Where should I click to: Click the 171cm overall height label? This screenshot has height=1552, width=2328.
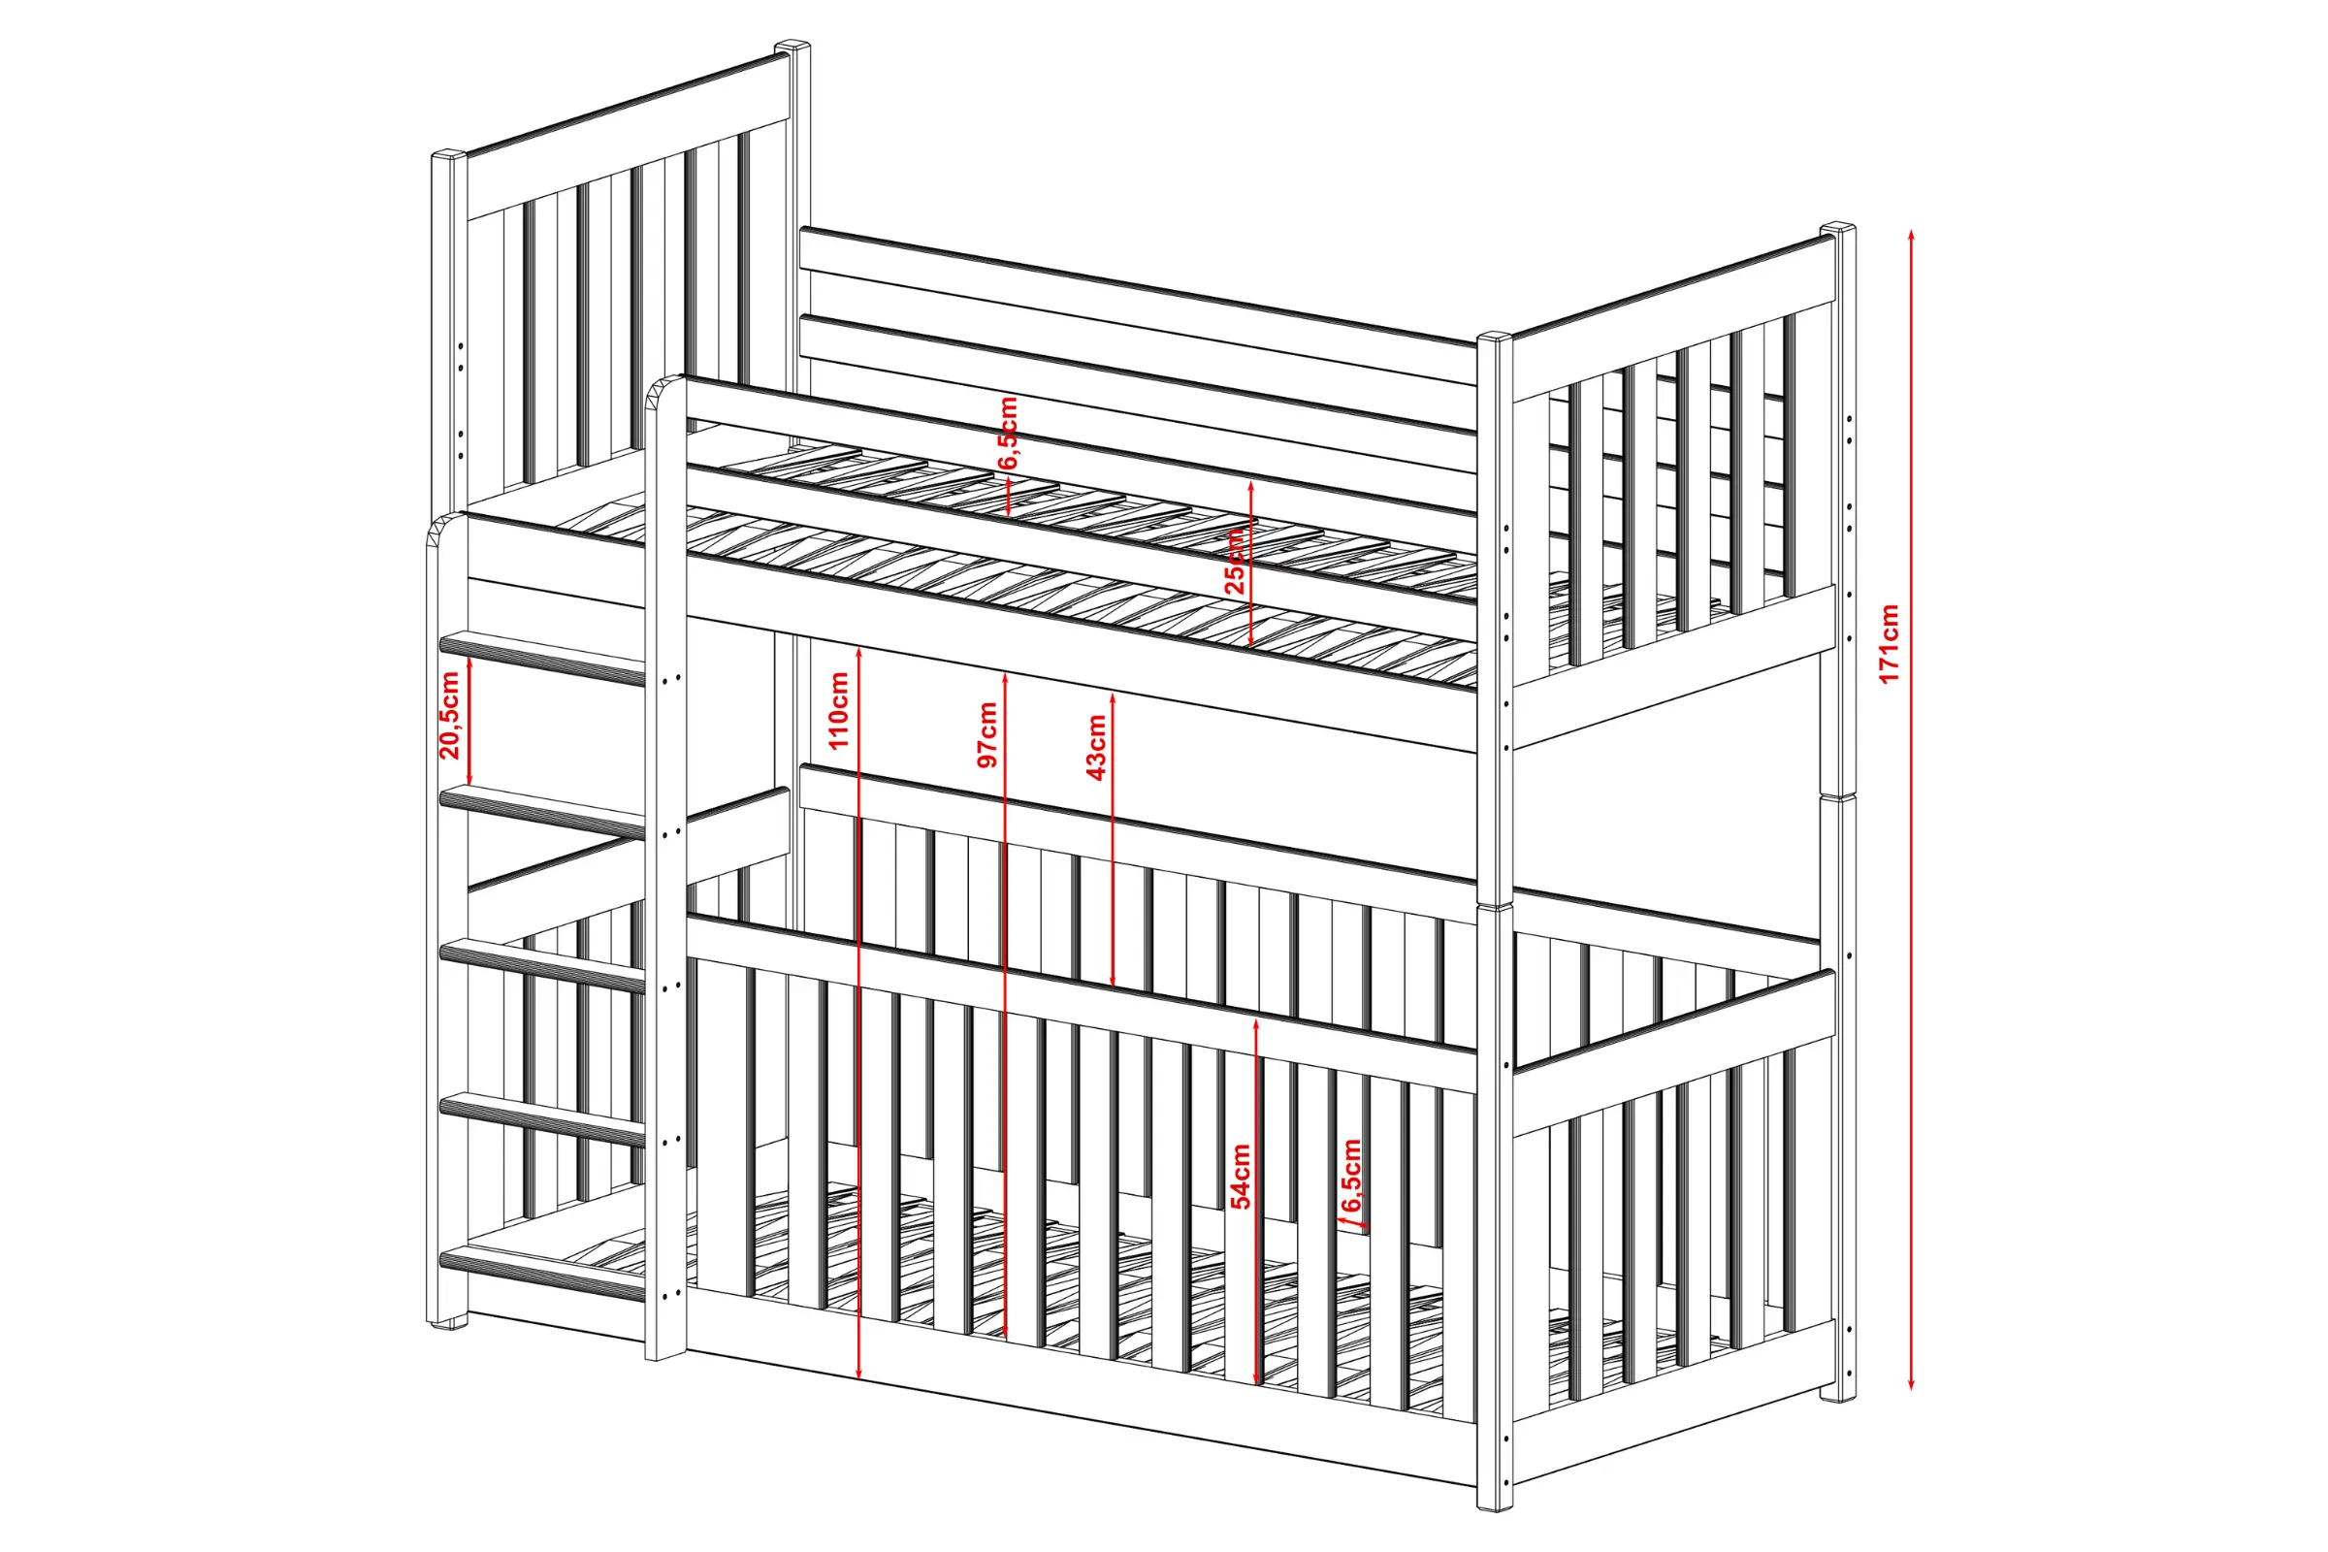(1889, 643)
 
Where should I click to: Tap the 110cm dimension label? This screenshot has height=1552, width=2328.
(839, 710)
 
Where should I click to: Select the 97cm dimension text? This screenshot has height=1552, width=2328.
(986, 734)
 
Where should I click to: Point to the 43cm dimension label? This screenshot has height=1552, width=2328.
(1097, 747)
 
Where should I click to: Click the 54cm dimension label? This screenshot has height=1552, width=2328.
(1242, 1176)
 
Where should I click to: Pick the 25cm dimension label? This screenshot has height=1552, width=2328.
(1235, 561)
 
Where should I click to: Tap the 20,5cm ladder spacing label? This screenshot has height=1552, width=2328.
(449, 715)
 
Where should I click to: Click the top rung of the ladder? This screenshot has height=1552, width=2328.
(542, 659)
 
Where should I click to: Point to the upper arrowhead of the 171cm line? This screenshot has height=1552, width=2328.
(1910, 237)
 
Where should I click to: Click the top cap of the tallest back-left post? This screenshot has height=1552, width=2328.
(792, 47)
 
